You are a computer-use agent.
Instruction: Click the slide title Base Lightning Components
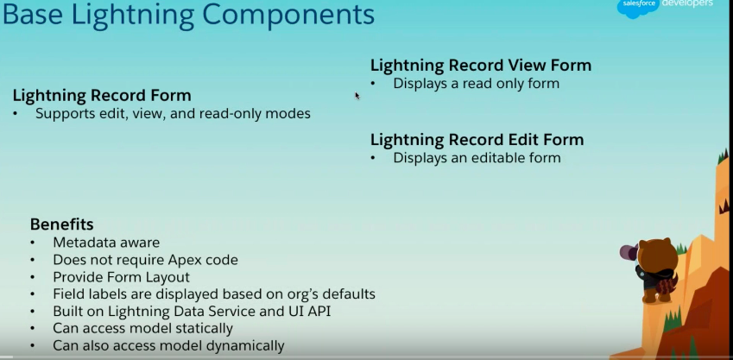tap(188, 15)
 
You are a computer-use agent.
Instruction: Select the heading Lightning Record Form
tap(102, 95)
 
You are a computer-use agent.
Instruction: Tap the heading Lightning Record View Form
tap(481, 65)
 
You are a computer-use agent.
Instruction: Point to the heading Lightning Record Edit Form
tap(477, 140)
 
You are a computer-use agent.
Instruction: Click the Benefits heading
tap(61, 224)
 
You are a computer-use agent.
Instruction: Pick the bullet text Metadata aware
tap(106, 243)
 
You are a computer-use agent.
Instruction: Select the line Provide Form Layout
tap(121, 277)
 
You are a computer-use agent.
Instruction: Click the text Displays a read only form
tap(477, 84)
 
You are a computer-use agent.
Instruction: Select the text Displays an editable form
tap(477, 158)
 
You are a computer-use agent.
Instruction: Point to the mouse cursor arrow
tap(357, 96)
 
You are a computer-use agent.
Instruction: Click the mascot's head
tap(658, 254)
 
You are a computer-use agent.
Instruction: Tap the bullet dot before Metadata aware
tap(32, 243)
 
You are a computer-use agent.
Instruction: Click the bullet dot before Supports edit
tap(16, 114)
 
